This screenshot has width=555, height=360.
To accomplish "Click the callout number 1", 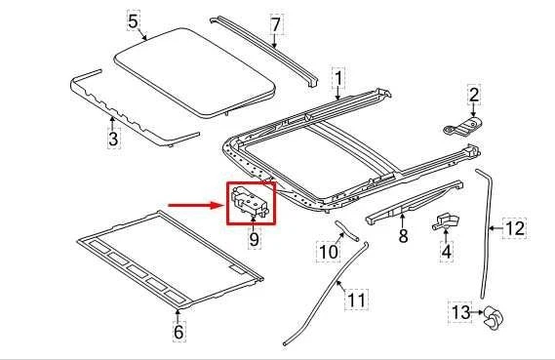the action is pyautogui.click(x=338, y=77).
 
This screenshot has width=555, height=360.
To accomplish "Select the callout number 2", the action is pyautogui.click(x=474, y=95).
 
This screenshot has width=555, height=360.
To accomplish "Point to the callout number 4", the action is pyautogui.click(x=447, y=251).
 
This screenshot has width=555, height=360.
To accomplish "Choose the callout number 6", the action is pyautogui.click(x=178, y=333).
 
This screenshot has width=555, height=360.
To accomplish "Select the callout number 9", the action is pyautogui.click(x=254, y=237).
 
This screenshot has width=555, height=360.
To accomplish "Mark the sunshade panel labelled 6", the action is pyautogui.click(x=166, y=254).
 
